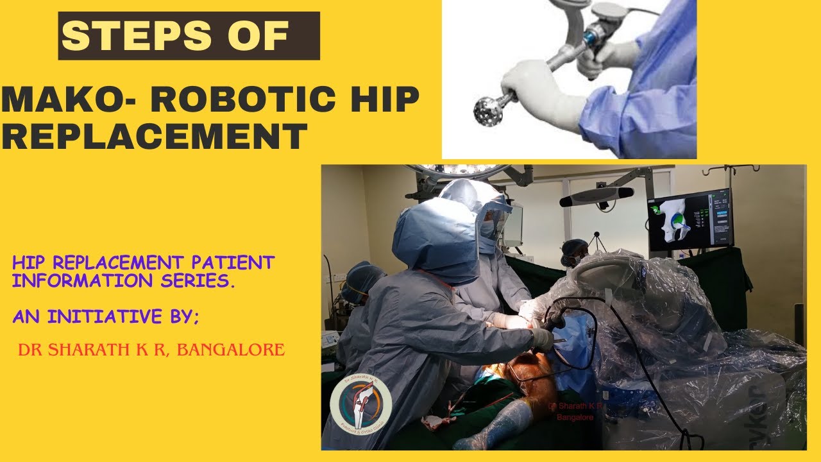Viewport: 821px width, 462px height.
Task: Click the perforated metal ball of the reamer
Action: click(488, 110)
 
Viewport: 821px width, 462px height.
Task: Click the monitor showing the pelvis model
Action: click(690, 219)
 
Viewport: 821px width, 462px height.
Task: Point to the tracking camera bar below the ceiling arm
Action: click(597, 196)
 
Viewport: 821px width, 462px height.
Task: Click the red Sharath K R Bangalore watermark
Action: click(575, 411)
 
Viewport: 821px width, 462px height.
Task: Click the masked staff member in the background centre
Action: click(573, 252)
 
